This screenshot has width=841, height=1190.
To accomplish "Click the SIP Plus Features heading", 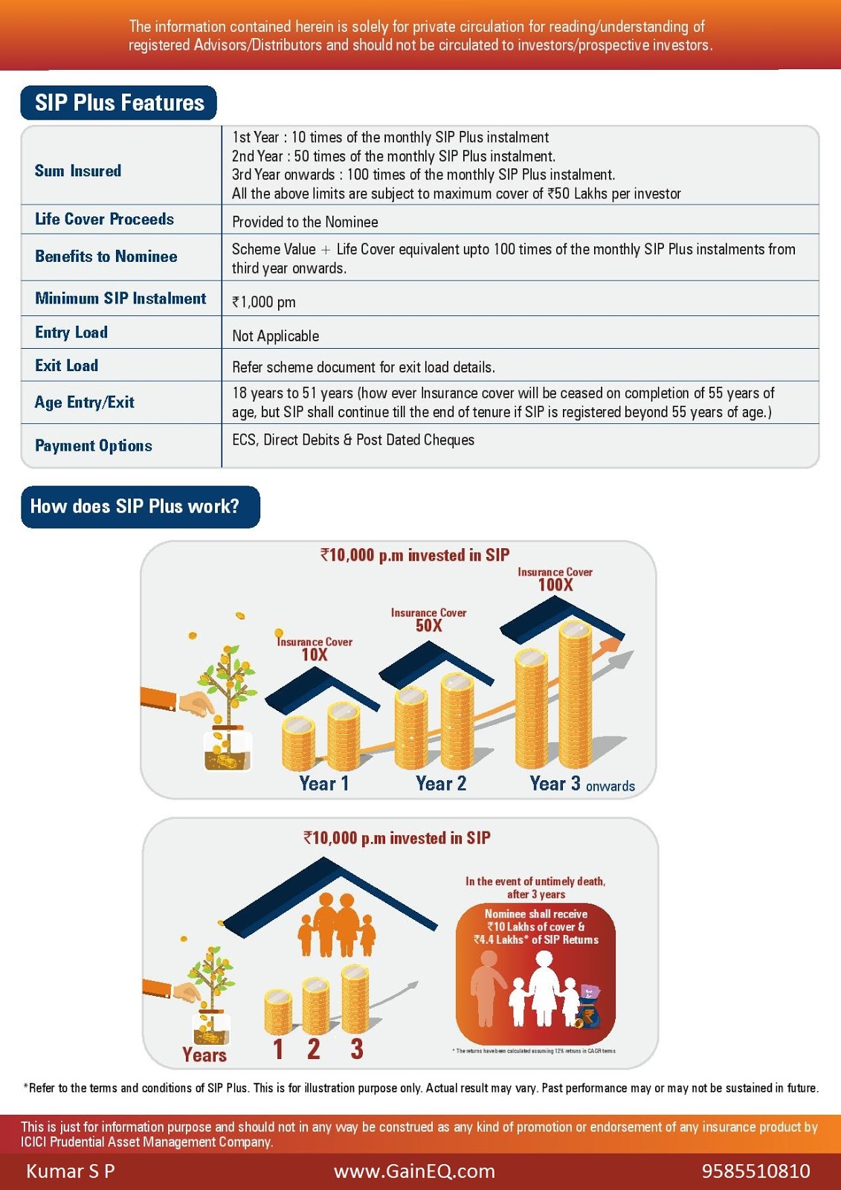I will coord(119,103).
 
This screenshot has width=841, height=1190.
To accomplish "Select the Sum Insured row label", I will coord(78,171).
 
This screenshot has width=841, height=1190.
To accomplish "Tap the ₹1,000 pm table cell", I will coord(264,302).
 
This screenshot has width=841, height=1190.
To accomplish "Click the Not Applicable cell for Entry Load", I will coord(275,336).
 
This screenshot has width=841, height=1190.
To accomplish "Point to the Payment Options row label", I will coord(94,446).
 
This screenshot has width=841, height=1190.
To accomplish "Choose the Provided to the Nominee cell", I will coord(305,222).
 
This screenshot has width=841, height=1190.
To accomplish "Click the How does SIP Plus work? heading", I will coord(135,506).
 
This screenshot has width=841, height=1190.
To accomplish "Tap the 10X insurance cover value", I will coord(315,655).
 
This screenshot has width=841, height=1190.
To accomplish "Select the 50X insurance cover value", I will coord(429,625).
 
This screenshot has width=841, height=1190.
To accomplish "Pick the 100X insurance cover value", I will coord(555,585).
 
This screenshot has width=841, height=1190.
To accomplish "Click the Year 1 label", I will coord(323,783).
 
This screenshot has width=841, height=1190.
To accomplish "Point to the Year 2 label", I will coord(441,783).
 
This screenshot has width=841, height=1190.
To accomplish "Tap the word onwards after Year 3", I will coord(610,786).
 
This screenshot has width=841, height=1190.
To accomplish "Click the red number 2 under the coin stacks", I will coord(314,1049).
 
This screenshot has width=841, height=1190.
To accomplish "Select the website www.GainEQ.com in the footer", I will coord(414,1171).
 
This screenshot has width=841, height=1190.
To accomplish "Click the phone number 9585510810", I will coord(755,1171).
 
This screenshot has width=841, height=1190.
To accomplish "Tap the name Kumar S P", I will coord(71,1171).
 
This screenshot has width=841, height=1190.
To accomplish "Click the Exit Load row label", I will coord(67,366).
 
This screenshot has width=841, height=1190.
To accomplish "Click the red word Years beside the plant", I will coord(204,1055).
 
